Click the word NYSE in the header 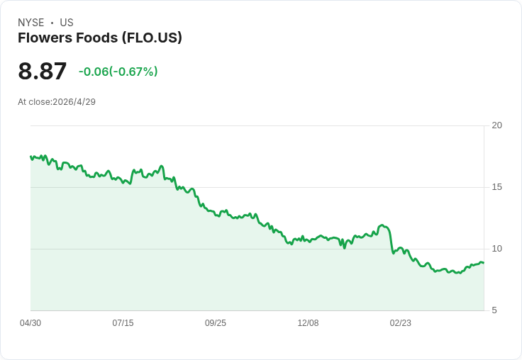coord(31,23)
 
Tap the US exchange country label coord(67,23)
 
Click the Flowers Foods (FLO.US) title coord(100,38)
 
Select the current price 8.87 coord(43,71)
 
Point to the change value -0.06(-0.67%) coord(118,72)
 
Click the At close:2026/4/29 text coord(57,102)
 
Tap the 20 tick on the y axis coord(496,125)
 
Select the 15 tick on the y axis coord(496,187)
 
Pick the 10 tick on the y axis coord(496,249)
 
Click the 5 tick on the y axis coord(494,310)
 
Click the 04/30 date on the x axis coord(30,323)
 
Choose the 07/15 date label coord(123,323)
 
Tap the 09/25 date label coord(216,323)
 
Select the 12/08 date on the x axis coord(308,323)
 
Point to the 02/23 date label coord(401,323)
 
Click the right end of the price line coord(484,263)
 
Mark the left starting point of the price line coord(30,157)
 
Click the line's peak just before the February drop coord(382,225)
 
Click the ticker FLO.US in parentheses coord(152,38)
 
